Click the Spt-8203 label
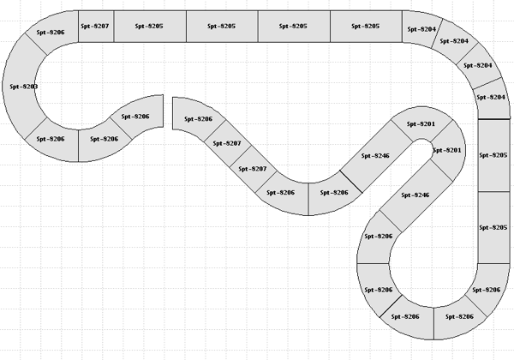coord(23,87)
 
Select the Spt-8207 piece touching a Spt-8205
coord(96,27)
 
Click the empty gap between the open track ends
coord(167,111)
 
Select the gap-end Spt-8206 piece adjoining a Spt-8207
coord(197,119)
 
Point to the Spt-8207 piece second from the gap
coord(227,143)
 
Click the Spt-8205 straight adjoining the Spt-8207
coord(150,27)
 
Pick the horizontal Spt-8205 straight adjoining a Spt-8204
coord(365,27)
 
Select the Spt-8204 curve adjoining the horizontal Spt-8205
coord(422,29)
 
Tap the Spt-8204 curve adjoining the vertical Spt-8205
coord(492,97)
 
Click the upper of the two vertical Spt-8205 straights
coord(494,155)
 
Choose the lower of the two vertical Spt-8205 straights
coord(494,227)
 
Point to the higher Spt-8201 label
coord(421,124)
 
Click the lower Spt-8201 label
coord(447,151)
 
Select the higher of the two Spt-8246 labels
coord(376,156)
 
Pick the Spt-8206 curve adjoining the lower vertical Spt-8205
coord(486,290)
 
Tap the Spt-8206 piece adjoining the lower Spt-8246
coord(379,236)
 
